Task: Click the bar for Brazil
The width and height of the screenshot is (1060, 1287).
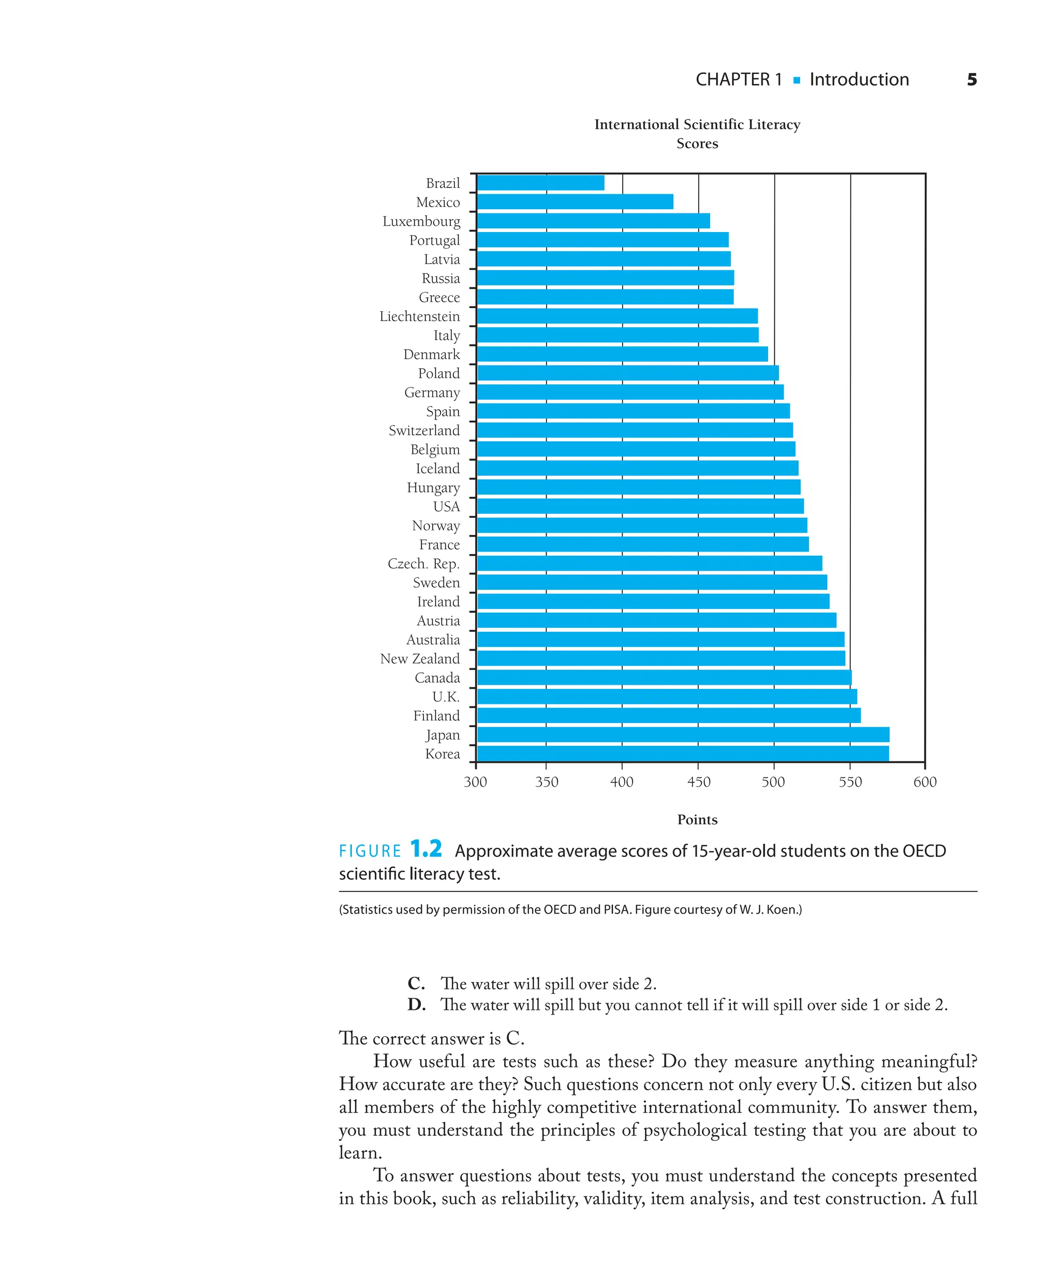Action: point(540,183)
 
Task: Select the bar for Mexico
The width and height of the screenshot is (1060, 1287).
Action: point(575,201)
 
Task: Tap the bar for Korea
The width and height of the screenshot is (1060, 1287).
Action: point(683,753)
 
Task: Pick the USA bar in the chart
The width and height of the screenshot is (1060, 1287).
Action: point(640,506)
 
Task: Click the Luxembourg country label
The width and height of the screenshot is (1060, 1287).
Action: point(421,221)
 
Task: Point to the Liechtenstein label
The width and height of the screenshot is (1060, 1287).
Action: point(419,316)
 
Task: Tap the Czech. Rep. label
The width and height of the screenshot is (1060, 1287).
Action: point(423,563)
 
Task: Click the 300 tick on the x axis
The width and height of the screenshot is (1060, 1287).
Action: point(476,782)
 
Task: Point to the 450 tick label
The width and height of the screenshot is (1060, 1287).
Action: point(699,782)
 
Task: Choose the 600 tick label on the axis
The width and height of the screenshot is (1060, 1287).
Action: point(924,782)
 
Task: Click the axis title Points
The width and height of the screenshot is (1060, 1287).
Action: point(697,820)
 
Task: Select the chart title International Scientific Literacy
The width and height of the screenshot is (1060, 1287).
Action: point(697,125)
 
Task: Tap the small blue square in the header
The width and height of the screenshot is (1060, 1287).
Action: point(796,80)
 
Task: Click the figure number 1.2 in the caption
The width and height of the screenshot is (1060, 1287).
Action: point(425,849)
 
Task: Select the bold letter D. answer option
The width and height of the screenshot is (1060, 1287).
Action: point(417,1005)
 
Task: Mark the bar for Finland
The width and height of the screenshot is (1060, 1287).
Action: point(669,715)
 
